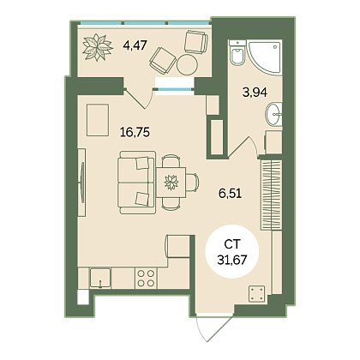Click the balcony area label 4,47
click(x=135, y=45)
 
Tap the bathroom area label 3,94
click(x=255, y=93)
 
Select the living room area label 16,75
click(x=135, y=132)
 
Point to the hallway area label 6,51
click(x=230, y=194)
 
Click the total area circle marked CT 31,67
click(x=232, y=251)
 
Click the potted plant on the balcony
click(x=97, y=47)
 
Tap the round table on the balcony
click(x=187, y=65)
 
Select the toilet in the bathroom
click(x=237, y=53)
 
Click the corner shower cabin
click(x=265, y=57)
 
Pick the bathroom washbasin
click(x=274, y=114)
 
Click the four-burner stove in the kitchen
click(x=146, y=279)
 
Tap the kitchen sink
click(x=100, y=278)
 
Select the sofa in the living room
click(x=137, y=183)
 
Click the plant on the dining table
click(x=171, y=183)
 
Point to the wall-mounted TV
click(x=82, y=183)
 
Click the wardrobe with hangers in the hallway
click(x=272, y=195)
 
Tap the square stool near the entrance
click(x=256, y=293)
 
